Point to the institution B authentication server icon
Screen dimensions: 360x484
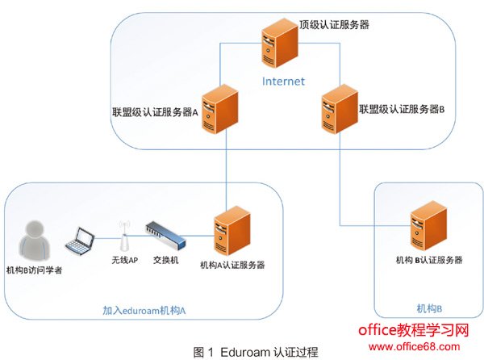click(427, 228)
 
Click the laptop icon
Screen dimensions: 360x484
click(81, 240)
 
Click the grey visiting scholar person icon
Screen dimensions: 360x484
click(35, 239)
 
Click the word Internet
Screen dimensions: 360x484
click(283, 81)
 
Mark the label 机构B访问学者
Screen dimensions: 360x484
click(34, 269)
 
